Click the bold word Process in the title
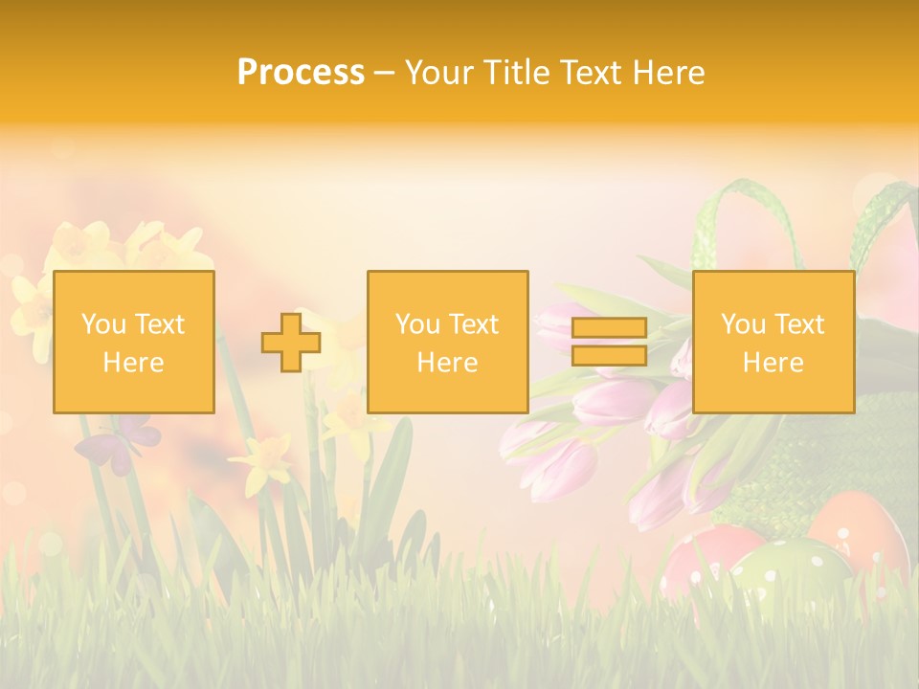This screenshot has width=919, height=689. click(301, 73)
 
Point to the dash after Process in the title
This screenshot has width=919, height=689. click(384, 74)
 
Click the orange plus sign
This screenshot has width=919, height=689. click(291, 342)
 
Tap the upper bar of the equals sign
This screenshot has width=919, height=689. click(609, 328)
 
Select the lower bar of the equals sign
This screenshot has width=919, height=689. click(609, 355)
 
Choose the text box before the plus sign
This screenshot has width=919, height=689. click(133, 342)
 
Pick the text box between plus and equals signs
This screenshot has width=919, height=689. click(447, 342)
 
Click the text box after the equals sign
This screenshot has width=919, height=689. click(773, 342)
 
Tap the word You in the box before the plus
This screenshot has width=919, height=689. click(102, 324)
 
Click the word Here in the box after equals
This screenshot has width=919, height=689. click(773, 363)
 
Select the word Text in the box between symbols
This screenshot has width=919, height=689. click(474, 324)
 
